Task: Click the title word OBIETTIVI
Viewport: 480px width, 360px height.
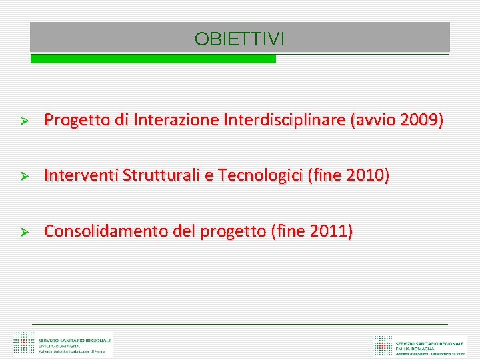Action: pos(239,39)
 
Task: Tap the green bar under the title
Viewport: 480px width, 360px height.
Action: pos(153,59)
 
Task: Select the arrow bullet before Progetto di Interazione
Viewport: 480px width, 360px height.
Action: pos(21,121)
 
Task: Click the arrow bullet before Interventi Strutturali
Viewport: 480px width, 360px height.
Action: pos(21,177)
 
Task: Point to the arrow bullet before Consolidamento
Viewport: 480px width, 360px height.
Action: pos(21,233)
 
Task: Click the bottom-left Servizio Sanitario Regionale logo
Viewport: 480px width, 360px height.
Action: pos(63,344)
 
